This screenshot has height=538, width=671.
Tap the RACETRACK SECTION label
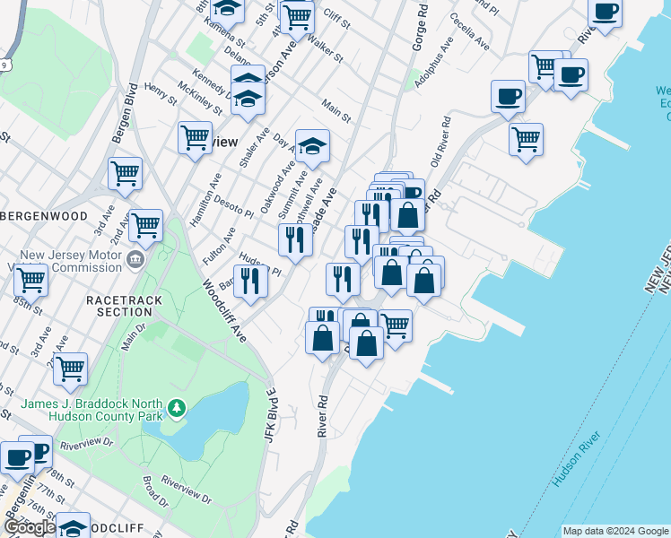pyautogui.click(x=120, y=305)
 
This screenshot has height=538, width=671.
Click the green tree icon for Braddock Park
pyautogui.click(x=178, y=409)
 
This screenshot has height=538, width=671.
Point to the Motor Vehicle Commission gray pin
pyautogui.click(x=135, y=261)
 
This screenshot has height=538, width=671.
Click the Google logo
pyautogui.click(x=29, y=527)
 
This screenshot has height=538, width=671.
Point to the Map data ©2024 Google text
pyautogui.click(x=615, y=531)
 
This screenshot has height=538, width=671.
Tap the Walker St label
pyautogui.click(x=325, y=46)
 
